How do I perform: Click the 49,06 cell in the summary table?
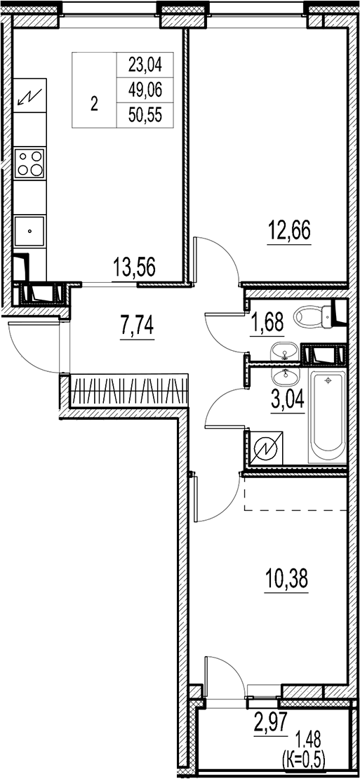click(145, 91)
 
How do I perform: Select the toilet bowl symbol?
click(314, 317)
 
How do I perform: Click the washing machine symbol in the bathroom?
click(265, 446)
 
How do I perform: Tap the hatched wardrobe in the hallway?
click(131, 390)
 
